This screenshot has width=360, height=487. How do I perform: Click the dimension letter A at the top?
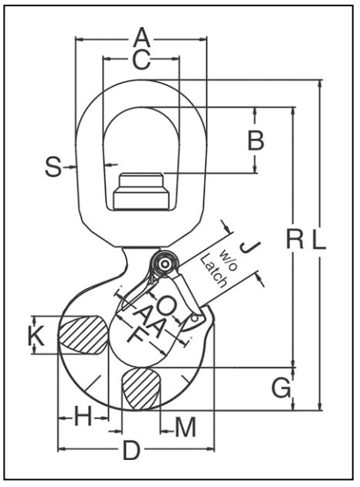coord(142,36)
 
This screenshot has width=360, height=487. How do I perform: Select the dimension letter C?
coord(142,59)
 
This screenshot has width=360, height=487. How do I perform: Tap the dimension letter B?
coord(256,140)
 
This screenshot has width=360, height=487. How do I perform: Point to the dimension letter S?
coord(53,167)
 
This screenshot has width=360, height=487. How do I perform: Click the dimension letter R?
coord(294,239)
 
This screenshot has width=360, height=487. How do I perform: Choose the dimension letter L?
coord(318,239)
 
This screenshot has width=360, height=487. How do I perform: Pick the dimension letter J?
coord(250,247)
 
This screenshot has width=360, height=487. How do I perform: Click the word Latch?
coord(213,271)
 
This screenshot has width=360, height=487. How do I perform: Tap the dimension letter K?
coord(36,336)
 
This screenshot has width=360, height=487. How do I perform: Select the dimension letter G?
coord(282,388)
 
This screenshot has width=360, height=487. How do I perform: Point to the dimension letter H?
coord(83,416)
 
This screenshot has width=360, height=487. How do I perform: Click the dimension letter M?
coord(185,428)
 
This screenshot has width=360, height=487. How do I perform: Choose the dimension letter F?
coord(135,336)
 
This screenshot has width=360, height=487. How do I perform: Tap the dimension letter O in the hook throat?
coord(167,305)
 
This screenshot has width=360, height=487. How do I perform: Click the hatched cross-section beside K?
coord(84,335)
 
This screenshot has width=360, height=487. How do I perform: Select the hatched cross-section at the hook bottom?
coord(142,388)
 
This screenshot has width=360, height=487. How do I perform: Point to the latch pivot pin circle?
coord(164,264)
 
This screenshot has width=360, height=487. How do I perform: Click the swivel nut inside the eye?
coord(141,191)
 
